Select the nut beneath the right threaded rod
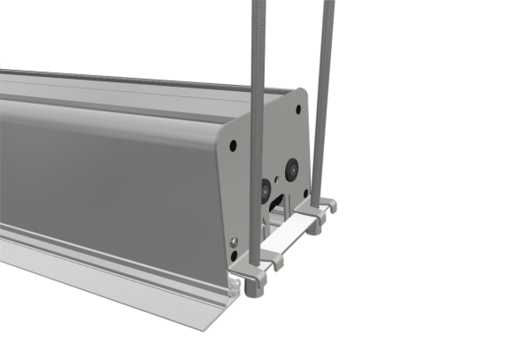coord(315,226)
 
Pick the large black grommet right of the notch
coord(291,167)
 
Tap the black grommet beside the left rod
coord(266,188)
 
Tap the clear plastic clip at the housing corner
coord(235,285)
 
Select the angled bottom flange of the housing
coord(115,283)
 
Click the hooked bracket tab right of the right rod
coord(330,206)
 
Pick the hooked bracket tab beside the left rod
coord(273,262)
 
